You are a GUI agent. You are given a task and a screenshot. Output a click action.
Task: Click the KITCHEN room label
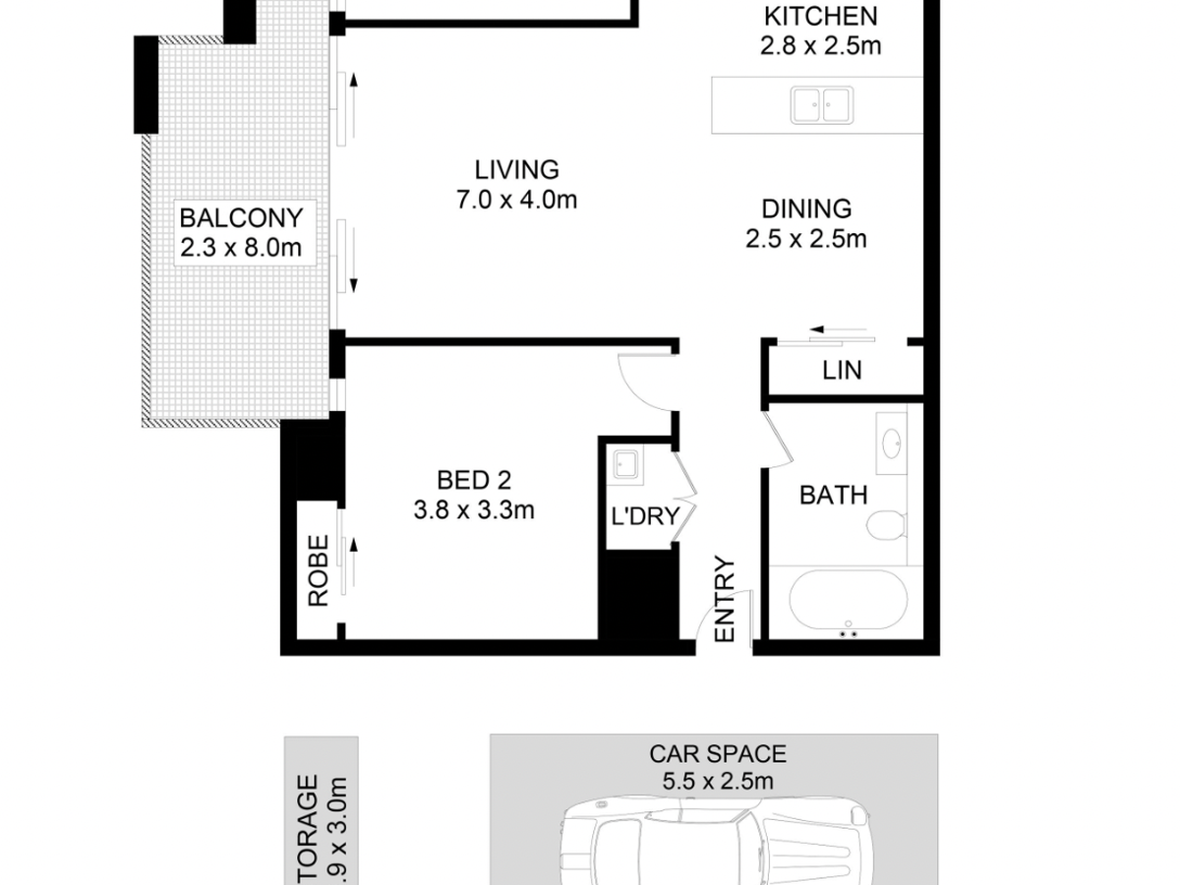pos(820,17)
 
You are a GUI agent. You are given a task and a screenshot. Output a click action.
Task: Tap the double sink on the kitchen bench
pos(821,103)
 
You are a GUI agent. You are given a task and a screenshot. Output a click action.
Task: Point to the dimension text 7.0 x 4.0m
pos(515,201)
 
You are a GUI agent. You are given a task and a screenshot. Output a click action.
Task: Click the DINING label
pos(806,208)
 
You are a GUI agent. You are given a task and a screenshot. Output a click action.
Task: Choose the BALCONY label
pos(241,217)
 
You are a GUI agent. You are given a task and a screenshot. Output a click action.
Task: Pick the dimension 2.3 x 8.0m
pos(241,248)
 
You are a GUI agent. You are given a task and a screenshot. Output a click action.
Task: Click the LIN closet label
pos(842,371)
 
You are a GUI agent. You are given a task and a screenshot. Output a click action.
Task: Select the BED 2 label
pos(475,480)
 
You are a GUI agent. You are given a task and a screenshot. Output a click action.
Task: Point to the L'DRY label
pos(646,515)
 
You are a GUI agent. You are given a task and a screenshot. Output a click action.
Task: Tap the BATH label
pos(833,495)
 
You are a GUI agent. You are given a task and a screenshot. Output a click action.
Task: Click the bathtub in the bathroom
pos(847,602)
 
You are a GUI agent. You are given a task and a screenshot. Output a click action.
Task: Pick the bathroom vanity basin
pos(894,443)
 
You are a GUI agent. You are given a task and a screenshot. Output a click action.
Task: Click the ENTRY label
pos(725,600)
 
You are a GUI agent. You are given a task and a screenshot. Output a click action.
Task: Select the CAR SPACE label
pos(717,754)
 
